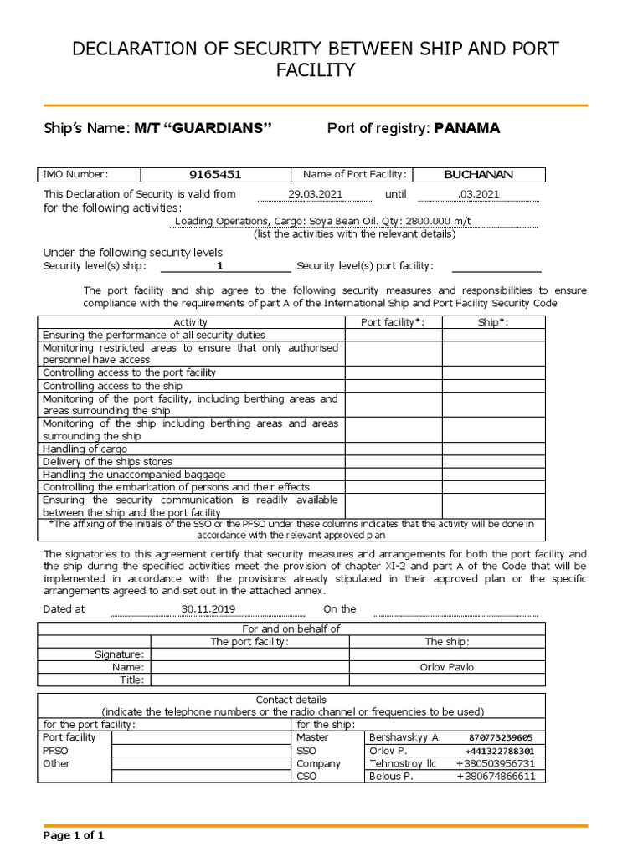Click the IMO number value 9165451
215,175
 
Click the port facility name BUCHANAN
478,175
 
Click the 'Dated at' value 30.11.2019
208,609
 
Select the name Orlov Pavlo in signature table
446,667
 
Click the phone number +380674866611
496,777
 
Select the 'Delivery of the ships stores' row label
107,461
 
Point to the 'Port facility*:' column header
393,322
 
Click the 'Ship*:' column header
493,322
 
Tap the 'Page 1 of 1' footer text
74,834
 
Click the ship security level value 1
220,266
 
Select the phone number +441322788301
500,751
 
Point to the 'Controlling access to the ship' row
112,386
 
